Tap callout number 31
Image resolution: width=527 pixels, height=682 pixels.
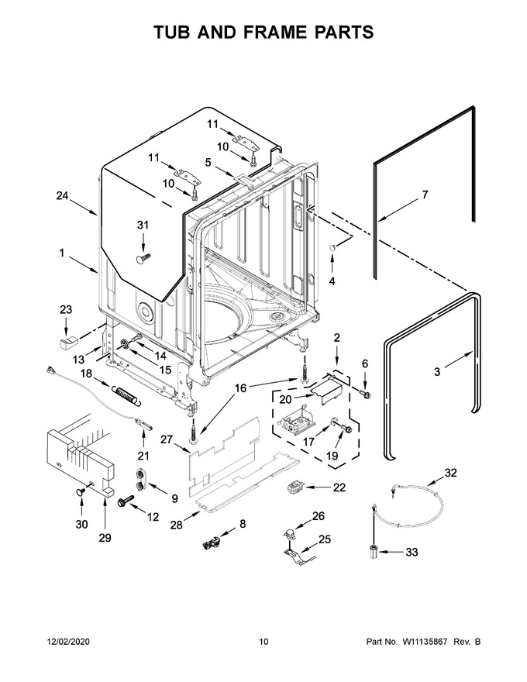143,226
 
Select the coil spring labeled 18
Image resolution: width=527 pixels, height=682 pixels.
126,395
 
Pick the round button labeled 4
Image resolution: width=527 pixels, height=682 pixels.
332,248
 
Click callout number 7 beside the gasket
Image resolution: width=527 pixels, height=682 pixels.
425,195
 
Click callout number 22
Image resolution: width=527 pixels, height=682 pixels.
339,487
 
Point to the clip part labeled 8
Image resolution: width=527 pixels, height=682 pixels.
212,542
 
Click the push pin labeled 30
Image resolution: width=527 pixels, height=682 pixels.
81,491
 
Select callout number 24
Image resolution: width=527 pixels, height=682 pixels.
62,196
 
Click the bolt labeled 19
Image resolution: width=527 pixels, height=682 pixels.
343,428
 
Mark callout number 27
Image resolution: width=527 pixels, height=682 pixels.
167,439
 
